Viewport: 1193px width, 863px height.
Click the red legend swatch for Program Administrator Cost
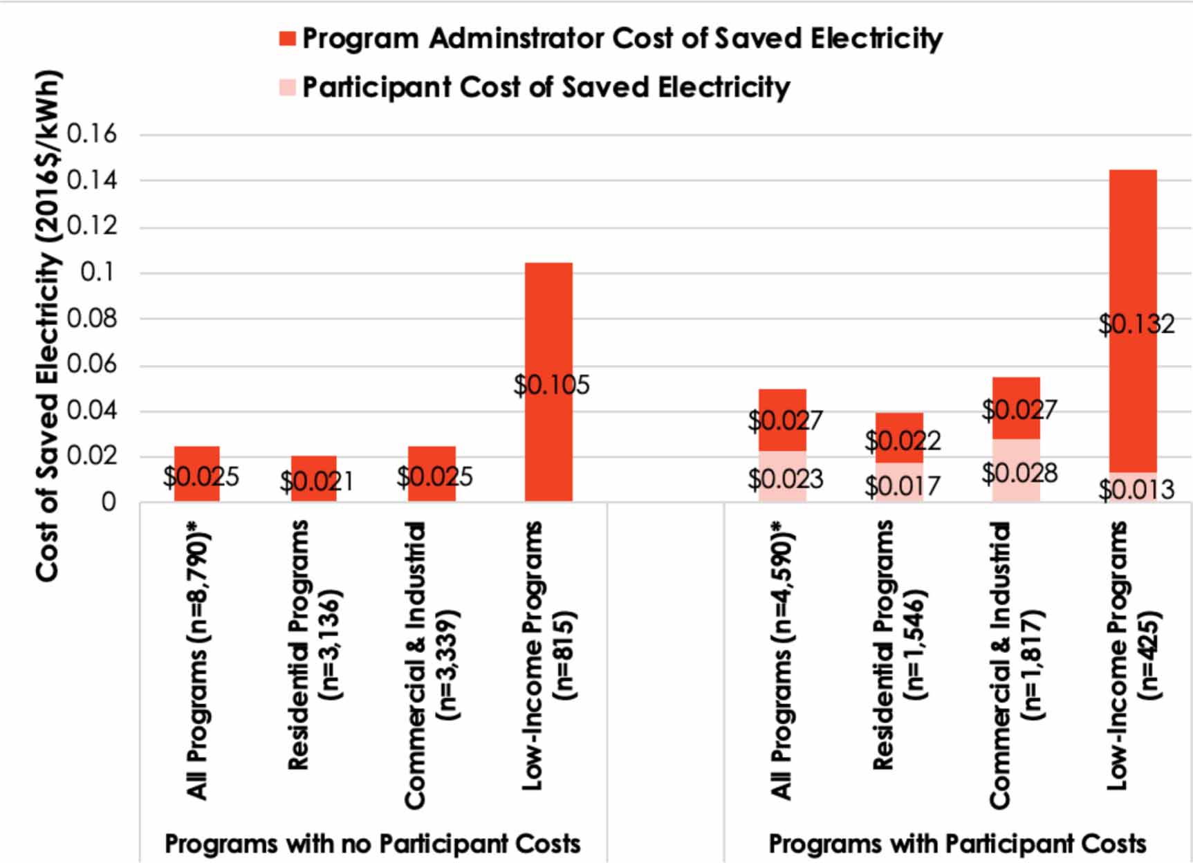point(287,39)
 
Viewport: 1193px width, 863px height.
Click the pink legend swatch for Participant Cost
point(287,88)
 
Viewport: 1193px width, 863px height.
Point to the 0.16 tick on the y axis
point(92,133)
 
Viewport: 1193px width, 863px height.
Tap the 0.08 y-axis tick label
point(92,319)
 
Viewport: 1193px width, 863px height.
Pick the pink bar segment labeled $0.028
point(1016,470)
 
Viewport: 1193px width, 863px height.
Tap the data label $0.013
point(1136,490)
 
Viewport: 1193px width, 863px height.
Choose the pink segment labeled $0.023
point(782,476)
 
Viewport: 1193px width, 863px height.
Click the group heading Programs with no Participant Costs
point(372,844)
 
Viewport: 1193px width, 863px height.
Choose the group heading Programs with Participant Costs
point(957,844)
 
